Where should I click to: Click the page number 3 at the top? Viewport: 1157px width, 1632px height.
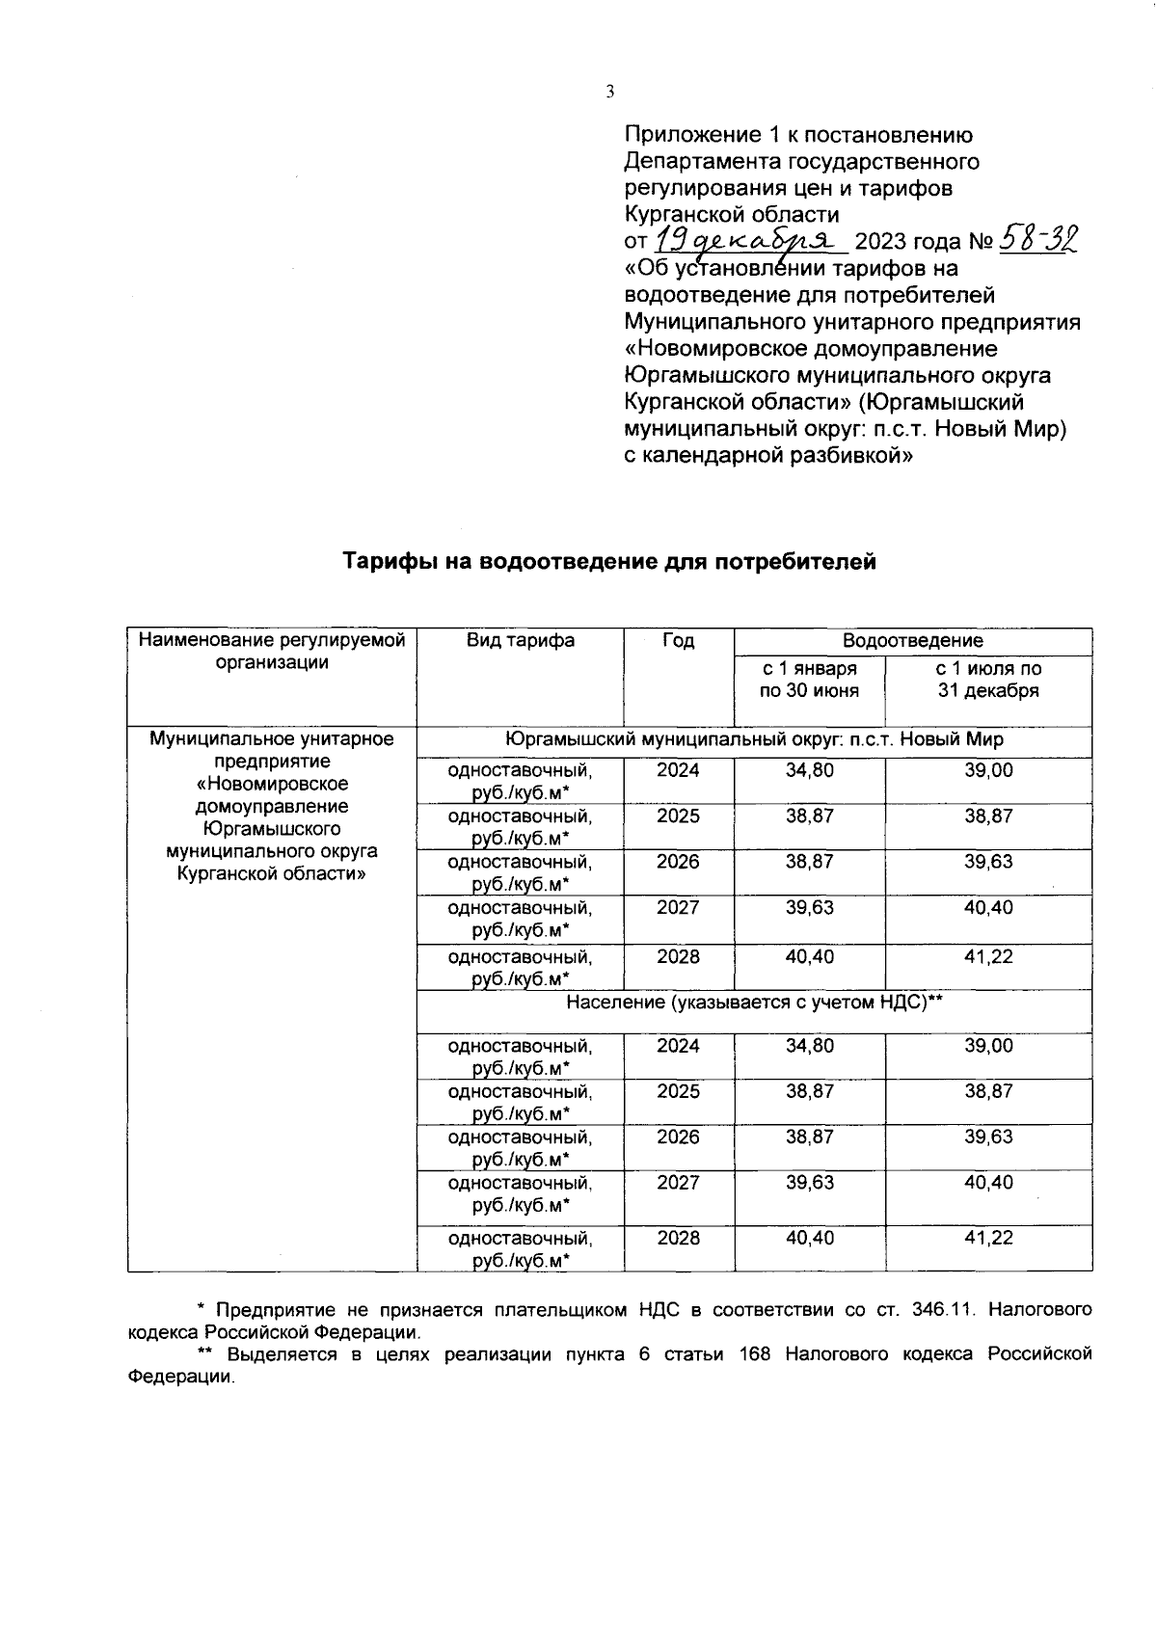pyautogui.click(x=608, y=92)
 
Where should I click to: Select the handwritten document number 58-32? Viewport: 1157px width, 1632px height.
pyautogui.click(x=1039, y=237)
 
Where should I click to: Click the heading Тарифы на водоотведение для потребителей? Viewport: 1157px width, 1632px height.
pyautogui.click(x=609, y=562)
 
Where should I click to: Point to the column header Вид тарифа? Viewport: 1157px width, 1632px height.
pyautogui.click(x=521, y=640)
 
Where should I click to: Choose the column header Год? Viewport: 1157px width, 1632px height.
pyautogui.click(x=678, y=640)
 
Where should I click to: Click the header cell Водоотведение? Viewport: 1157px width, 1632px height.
pyautogui.click(x=912, y=640)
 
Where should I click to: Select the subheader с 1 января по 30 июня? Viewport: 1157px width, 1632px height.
pyautogui.click(x=809, y=680)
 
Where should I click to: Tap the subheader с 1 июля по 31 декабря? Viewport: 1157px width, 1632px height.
pyautogui.click(x=988, y=680)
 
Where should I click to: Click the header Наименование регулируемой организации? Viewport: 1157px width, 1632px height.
pyautogui.click(x=272, y=651)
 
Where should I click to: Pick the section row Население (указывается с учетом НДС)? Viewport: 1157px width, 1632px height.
pyautogui.click(x=753, y=1003)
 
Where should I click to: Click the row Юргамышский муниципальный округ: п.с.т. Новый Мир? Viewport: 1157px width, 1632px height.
pyautogui.click(x=753, y=739)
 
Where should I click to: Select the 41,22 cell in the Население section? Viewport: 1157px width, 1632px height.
pyautogui.click(x=988, y=1238)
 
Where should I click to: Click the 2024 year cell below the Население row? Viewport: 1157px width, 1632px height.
pyautogui.click(x=678, y=1046)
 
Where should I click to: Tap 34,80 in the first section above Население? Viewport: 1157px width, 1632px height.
pyautogui.click(x=809, y=770)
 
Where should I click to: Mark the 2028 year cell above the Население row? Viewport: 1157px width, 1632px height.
pyautogui.click(x=678, y=957)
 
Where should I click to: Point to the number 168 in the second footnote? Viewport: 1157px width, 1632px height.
pyautogui.click(x=758, y=1354)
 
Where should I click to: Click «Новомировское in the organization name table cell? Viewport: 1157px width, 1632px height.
pyautogui.click(x=272, y=784)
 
